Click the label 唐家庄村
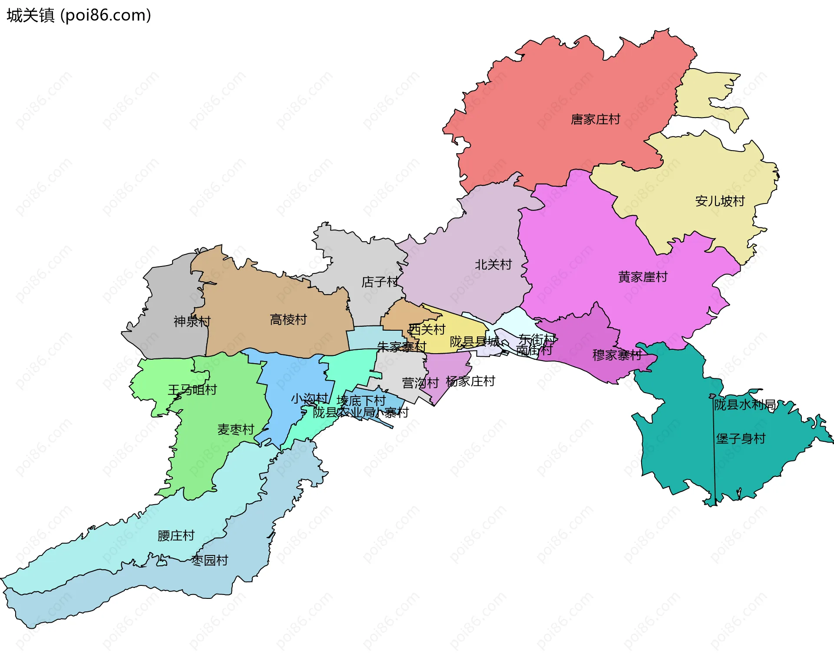(x=595, y=119)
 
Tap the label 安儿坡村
(x=720, y=201)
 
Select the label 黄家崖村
(x=642, y=277)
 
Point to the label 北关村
(x=493, y=264)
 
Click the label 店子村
(x=380, y=282)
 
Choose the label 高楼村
(x=288, y=320)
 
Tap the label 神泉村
(x=192, y=322)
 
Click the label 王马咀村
(x=192, y=390)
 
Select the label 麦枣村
(x=235, y=430)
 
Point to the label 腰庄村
(x=176, y=536)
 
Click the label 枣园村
(x=209, y=561)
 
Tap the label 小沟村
(x=309, y=398)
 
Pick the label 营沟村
(x=420, y=383)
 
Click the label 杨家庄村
(x=470, y=381)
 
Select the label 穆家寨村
(x=617, y=355)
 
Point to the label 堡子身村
(x=741, y=439)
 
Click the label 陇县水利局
(x=745, y=405)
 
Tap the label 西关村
(x=427, y=330)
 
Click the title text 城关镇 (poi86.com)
(x=79, y=16)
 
